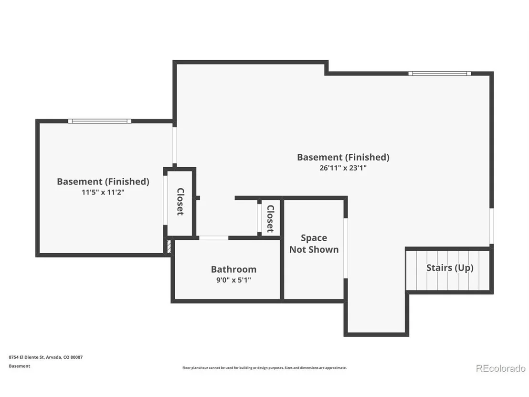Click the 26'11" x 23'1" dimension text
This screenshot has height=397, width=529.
pyautogui.click(x=343, y=168)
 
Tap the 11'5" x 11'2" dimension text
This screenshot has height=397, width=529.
pyautogui.click(x=103, y=192)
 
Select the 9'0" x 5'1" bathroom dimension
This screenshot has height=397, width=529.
pyautogui.click(x=233, y=280)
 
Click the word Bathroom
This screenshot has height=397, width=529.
pyautogui.click(x=233, y=269)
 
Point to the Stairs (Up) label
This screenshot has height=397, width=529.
pyautogui.click(x=450, y=268)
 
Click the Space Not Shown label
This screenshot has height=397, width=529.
pyautogui.click(x=314, y=244)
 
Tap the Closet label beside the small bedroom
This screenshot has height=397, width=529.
pyautogui.click(x=180, y=202)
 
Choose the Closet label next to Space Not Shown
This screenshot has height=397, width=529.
pyautogui.click(x=271, y=219)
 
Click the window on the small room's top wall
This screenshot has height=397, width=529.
pyautogui.click(x=99, y=121)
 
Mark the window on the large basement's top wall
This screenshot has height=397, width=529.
pyautogui.click(x=440, y=73)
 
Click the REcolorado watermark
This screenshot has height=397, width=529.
pyautogui.click(x=501, y=368)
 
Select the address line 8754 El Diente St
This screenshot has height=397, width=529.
pyautogui.click(x=45, y=357)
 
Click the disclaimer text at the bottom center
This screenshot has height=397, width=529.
pyautogui.click(x=264, y=368)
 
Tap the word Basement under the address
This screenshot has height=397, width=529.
pyautogui.click(x=19, y=366)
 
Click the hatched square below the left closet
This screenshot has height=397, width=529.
pyautogui.click(x=169, y=246)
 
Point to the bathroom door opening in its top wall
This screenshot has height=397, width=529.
pyautogui.click(x=213, y=238)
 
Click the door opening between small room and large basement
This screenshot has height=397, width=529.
pyautogui.click(x=174, y=145)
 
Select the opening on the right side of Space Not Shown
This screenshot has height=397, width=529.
pyautogui.click(x=346, y=248)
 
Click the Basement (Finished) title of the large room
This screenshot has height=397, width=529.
pyautogui.click(x=343, y=157)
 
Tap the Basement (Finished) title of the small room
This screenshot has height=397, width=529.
pyautogui.click(x=103, y=182)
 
